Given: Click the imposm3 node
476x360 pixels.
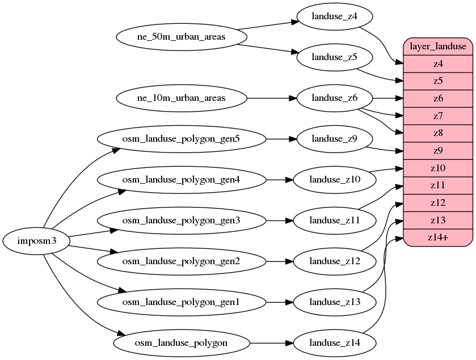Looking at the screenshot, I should click(x=36, y=241).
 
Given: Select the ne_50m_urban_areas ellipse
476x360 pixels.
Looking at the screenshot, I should click(x=181, y=37).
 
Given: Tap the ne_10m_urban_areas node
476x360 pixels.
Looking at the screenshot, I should click(x=181, y=98).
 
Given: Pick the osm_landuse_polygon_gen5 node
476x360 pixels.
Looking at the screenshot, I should click(x=181, y=138).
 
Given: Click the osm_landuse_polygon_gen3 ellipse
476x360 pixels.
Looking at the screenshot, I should click(x=181, y=219).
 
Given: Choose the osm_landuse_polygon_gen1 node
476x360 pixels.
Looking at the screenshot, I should click(x=181, y=302).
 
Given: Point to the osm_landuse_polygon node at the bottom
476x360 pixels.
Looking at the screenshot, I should click(x=181, y=342).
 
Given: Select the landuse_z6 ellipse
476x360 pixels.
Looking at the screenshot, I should click(x=334, y=98).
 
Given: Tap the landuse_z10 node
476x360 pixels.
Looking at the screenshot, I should click(x=334, y=179).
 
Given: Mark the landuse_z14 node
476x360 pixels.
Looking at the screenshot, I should click(x=334, y=342).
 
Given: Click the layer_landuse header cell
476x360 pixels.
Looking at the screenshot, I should click(x=437, y=46).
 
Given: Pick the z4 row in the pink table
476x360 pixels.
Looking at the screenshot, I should click(x=437, y=63).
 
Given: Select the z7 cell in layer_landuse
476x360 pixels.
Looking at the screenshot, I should click(x=437, y=116).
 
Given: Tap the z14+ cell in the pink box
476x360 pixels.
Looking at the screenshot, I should click(x=437, y=238).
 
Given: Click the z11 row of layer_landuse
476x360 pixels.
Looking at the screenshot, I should click(x=437, y=185).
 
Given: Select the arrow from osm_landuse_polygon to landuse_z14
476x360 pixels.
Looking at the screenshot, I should click(x=271, y=342).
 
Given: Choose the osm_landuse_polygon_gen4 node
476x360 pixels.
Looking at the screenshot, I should click(x=181, y=179).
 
